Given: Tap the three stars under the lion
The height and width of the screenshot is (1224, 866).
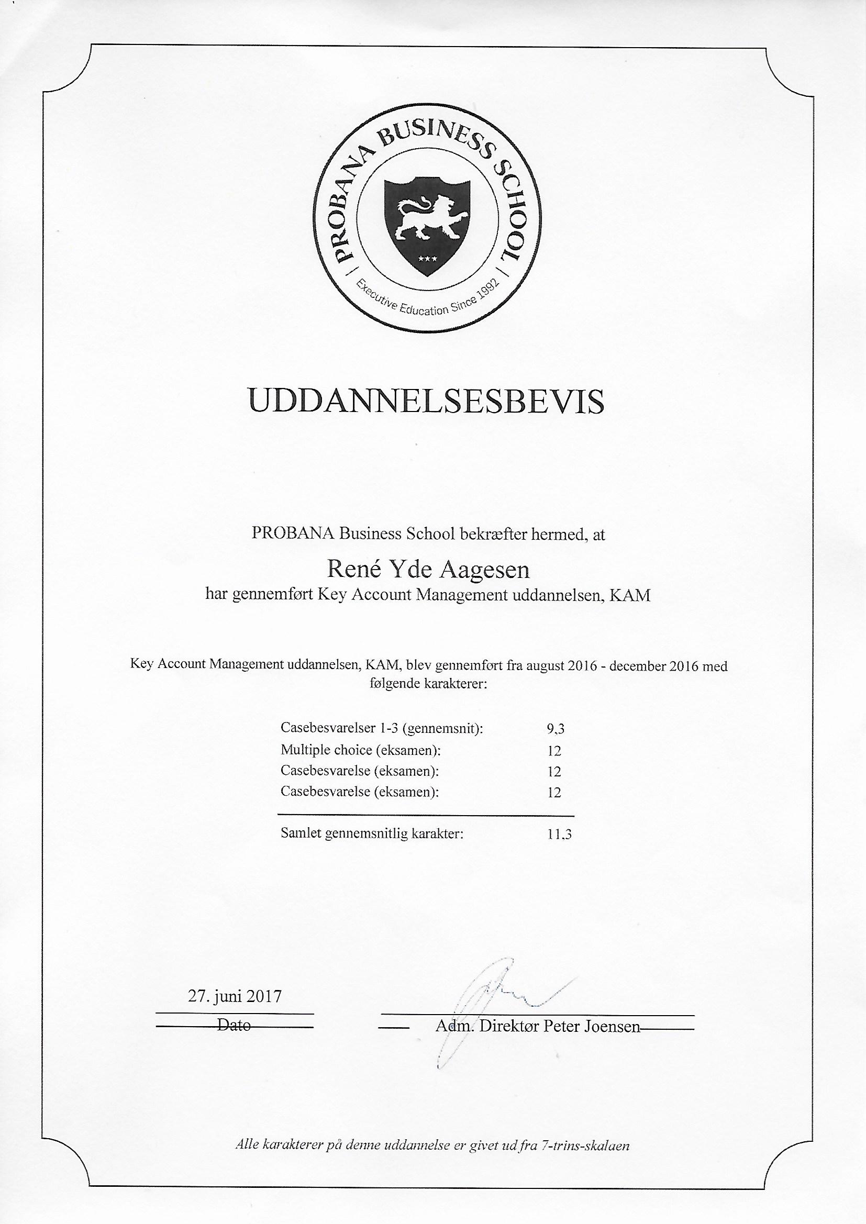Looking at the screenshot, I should point(428,259).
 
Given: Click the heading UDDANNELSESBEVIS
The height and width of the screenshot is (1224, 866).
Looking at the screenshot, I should point(427,403).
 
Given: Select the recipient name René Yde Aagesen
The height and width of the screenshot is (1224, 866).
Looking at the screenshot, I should point(428,570).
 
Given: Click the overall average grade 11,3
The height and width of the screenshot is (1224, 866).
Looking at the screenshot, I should point(559,834).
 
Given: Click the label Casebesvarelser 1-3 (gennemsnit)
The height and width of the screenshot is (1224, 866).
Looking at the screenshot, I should point(382,728).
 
